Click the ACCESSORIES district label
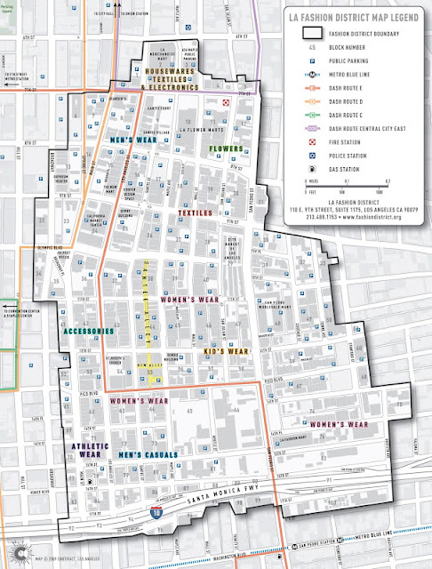[88, 331]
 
